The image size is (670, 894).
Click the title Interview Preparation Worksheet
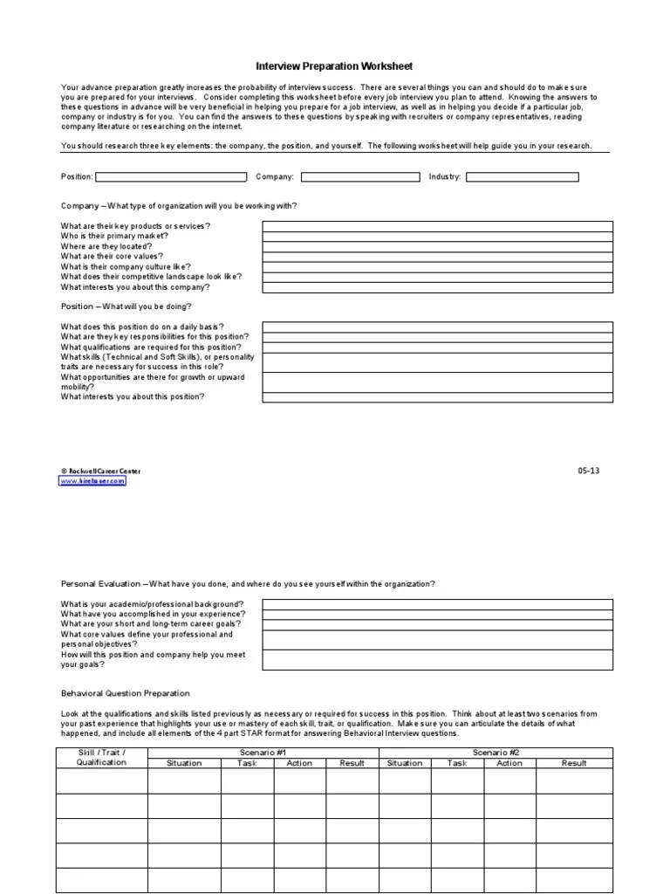pyautogui.click(x=333, y=65)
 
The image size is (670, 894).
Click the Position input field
pyautogui.click(x=171, y=176)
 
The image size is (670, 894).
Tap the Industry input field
pyautogui.click(x=522, y=176)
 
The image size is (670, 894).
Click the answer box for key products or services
pyautogui.click(x=437, y=226)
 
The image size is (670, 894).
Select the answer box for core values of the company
pyautogui.click(x=437, y=257)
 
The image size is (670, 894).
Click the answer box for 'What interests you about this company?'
pyautogui.click(x=437, y=286)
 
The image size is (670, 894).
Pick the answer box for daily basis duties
pyautogui.click(x=437, y=327)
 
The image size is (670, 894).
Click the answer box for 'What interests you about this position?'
pyautogui.click(x=437, y=396)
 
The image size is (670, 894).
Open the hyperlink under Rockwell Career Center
pyautogui.click(x=92, y=480)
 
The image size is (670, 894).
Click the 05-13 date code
pyautogui.click(x=589, y=471)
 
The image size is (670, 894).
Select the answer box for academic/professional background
pyautogui.click(x=437, y=604)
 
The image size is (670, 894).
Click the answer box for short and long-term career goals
pyautogui.click(x=437, y=624)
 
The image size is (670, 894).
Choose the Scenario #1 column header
pyautogui.click(x=263, y=752)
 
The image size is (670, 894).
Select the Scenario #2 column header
pyautogui.click(x=496, y=752)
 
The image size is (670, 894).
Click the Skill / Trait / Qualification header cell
pyautogui.click(x=101, y=757)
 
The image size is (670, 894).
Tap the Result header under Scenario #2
pyautogui.click(x=574, y=762)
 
